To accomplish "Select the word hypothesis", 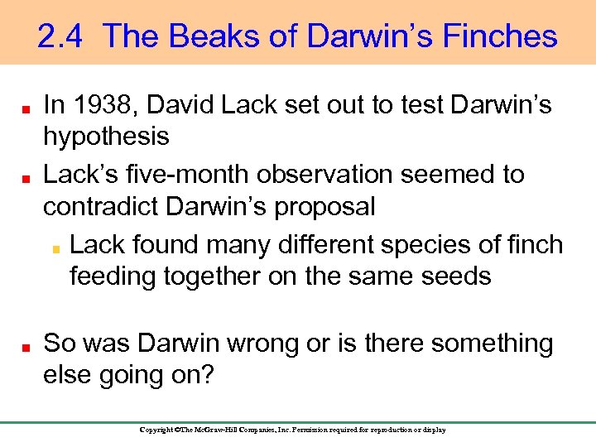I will tap(106, 136).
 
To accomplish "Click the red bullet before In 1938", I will tap(27, 108).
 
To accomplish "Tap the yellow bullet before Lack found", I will tap(56, 247).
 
